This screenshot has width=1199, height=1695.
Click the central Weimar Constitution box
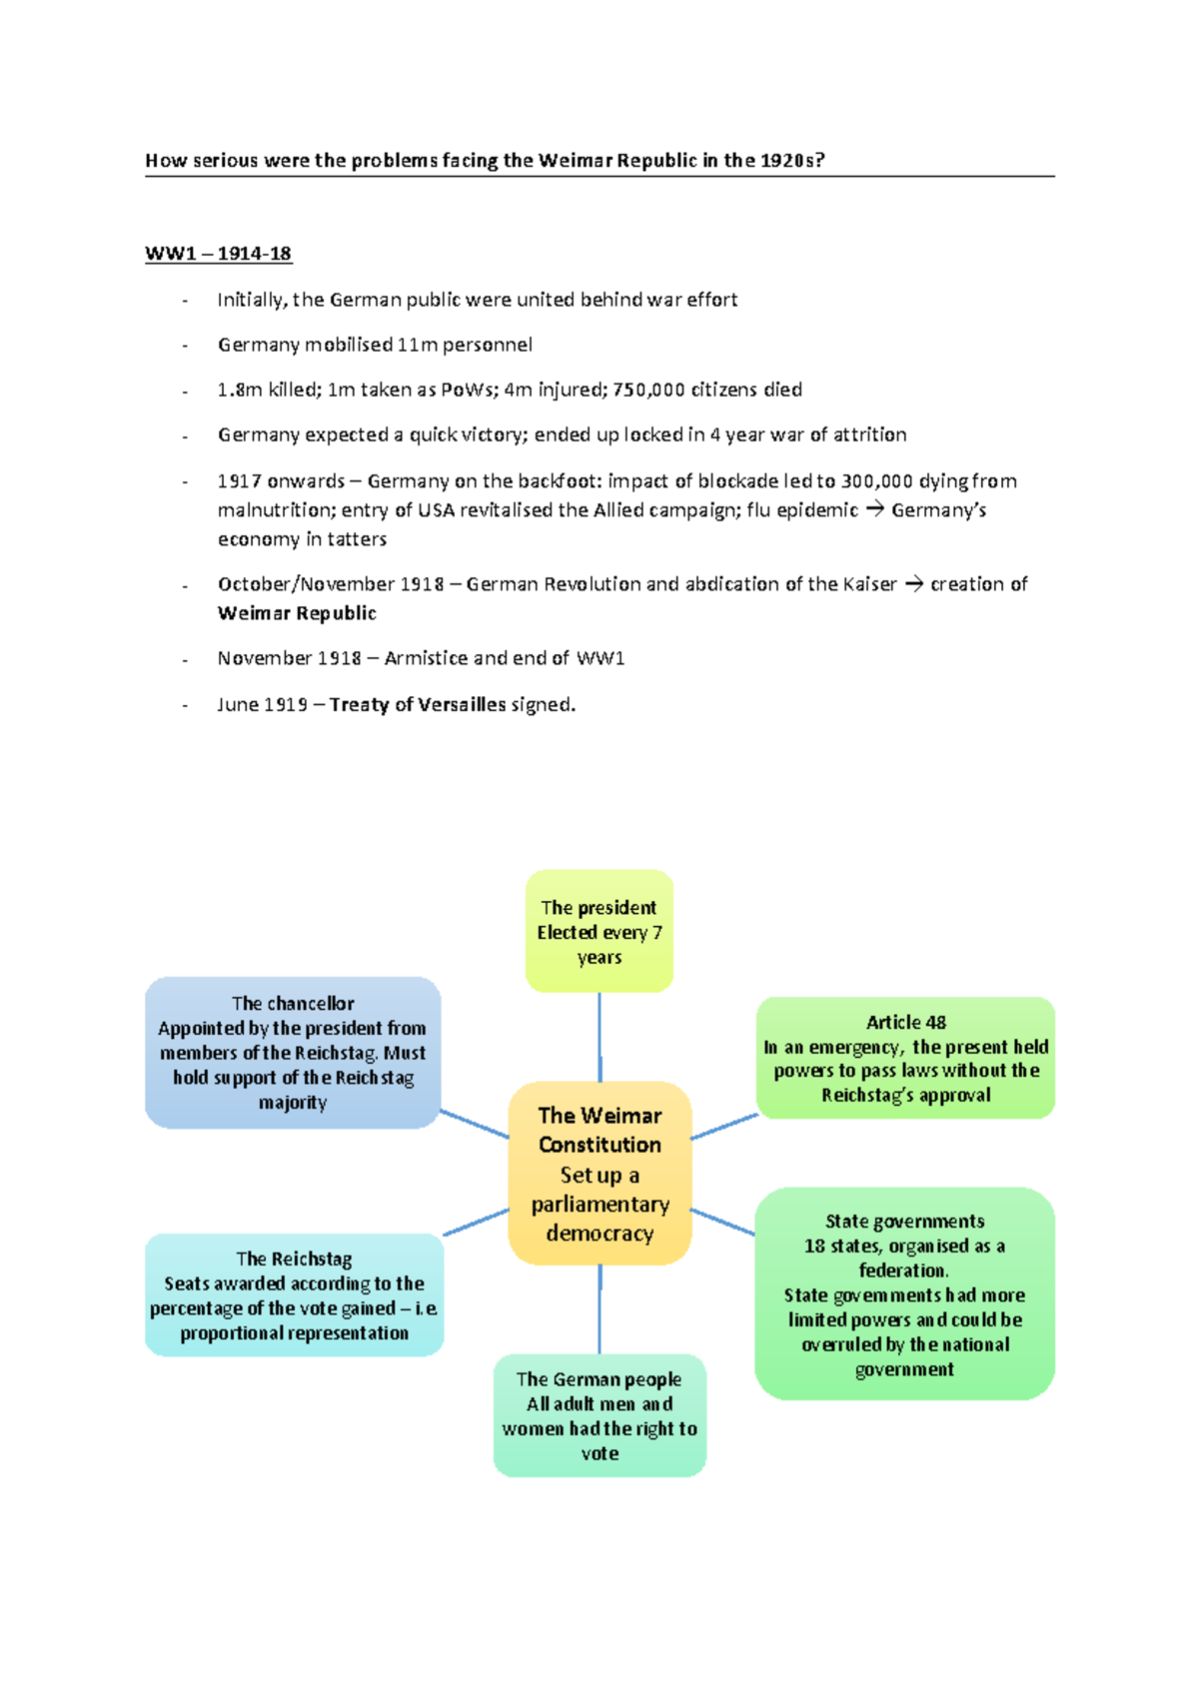(x=599, y=1173)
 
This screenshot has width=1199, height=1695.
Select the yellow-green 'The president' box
(x=599, y=931)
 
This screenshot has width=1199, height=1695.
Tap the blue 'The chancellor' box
(x=293, y=1053)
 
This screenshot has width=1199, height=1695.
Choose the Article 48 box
(x=905, y=1058)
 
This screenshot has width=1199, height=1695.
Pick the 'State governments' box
(x=904, y=1293)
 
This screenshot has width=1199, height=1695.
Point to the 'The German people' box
(x=599, y=1415)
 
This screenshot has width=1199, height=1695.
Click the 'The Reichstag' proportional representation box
(x=294, y=1294)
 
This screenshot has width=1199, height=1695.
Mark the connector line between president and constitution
(x=599, y=1037)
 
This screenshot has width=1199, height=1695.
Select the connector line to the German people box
(x=599, y=1309)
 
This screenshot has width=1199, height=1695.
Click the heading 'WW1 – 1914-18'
(x=218, y=253)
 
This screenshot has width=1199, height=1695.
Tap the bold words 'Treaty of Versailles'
(x=418, y=704)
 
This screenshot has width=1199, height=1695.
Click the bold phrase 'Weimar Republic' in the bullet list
(x=297, y=613)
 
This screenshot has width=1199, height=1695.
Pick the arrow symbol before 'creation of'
(x=913, y=584)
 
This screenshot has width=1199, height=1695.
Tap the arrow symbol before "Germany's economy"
(x=874, y=510)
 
